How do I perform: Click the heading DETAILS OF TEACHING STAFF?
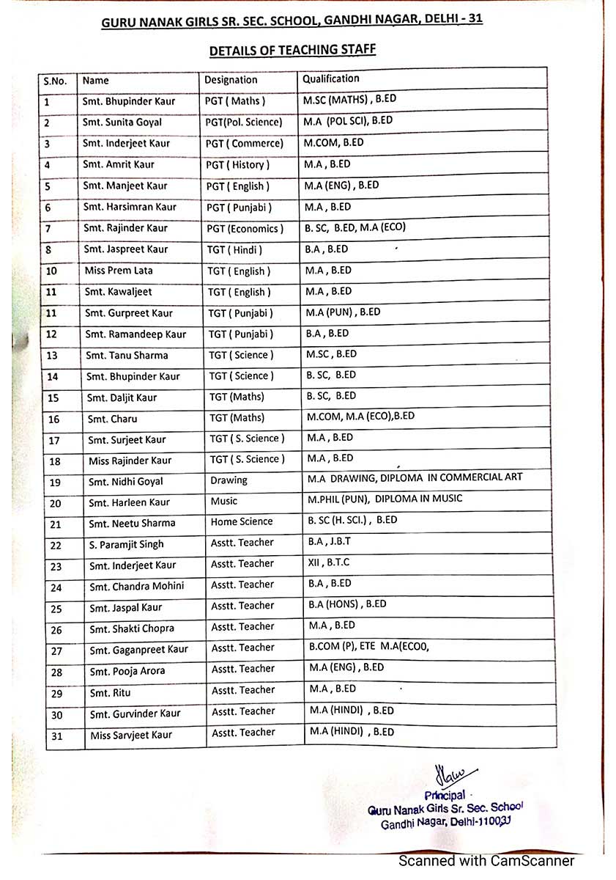pyautogui.click(x=293, y=50)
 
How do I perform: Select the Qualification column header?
pyautogui.click(x=331, y=78)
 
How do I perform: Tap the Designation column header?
pyautogui.click(x=231, y=80)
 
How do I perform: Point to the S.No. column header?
pyautogui.click(x=56, y=81)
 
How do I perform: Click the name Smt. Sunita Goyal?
pyautogui.click(x=122, y=122)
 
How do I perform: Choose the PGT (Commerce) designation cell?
pyautogui.click(x=244, y=143)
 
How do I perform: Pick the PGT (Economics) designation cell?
pyautogui.click(x=245, y=229)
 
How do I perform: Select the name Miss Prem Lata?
pyautogui.click(x=119, y=271)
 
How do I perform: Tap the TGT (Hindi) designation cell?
pyautogui.click(x=235, y=250)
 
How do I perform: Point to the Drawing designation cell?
pyautogui.click(x=229, y=480)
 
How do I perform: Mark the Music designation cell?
pyautogui.click(x=224, y=502)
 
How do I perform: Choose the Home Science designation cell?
pyautogui.click(x=242, y=522)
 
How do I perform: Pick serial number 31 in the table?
pyautogui.click(x=57, y=736)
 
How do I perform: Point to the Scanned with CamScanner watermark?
pyautogui.click(x=486, y=861)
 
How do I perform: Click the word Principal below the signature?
pyautogui.click(x=445, y=796)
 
